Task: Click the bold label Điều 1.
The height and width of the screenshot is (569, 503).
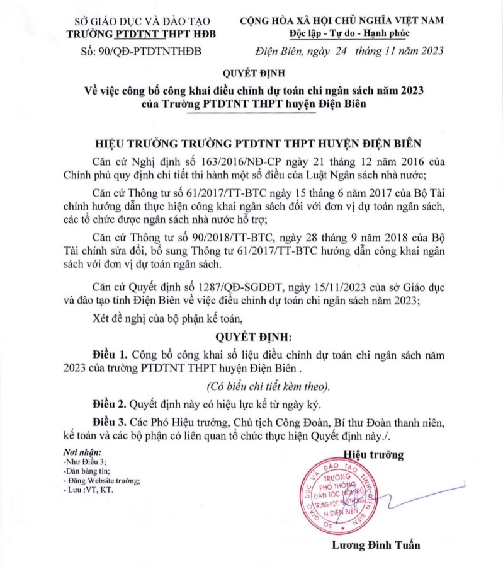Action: click(111, 355)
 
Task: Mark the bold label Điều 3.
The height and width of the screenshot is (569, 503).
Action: click(111, 420)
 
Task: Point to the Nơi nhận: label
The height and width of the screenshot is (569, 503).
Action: click(82, 453)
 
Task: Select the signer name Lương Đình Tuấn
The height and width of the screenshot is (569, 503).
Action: click(376, 545)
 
